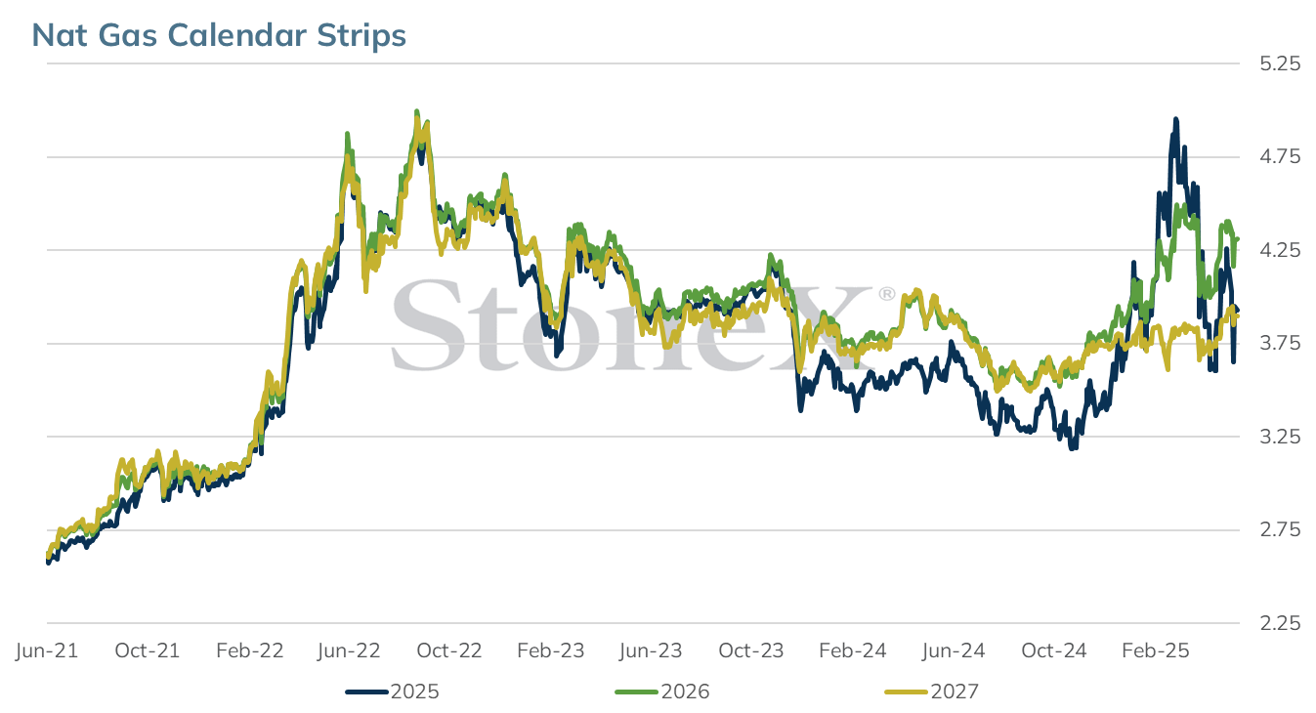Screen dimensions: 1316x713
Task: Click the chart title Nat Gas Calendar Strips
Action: (219, 35)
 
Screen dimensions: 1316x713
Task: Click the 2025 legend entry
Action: (393, 692)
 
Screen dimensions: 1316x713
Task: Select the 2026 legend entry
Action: (662, 692)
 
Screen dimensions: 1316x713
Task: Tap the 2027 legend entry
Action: (932, 692)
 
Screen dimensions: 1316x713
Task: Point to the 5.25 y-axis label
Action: (1280, 63)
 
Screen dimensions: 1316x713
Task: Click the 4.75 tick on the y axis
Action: (1280, 157)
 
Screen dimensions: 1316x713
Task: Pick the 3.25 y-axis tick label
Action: (1280, 437)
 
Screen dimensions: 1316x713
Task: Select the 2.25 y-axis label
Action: (1280, 623)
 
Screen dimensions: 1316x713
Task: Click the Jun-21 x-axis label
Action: (47, 650)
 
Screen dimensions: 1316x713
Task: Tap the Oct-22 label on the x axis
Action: (449, 650)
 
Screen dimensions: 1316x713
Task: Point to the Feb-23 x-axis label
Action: (550, 650)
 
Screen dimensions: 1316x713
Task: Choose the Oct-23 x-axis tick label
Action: (751, 650)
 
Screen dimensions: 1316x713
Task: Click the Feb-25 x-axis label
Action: (1156, 650)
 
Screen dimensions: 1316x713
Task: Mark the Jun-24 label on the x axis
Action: (954, 650)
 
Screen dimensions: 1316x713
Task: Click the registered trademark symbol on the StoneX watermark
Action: (886, 294)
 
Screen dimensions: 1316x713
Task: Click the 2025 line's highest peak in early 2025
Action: (1175, 119)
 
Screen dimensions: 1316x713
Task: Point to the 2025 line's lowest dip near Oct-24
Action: (1074, 448)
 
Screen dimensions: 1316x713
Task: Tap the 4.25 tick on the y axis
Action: (1280, 250)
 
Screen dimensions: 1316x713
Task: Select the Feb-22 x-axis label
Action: (250, 650)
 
